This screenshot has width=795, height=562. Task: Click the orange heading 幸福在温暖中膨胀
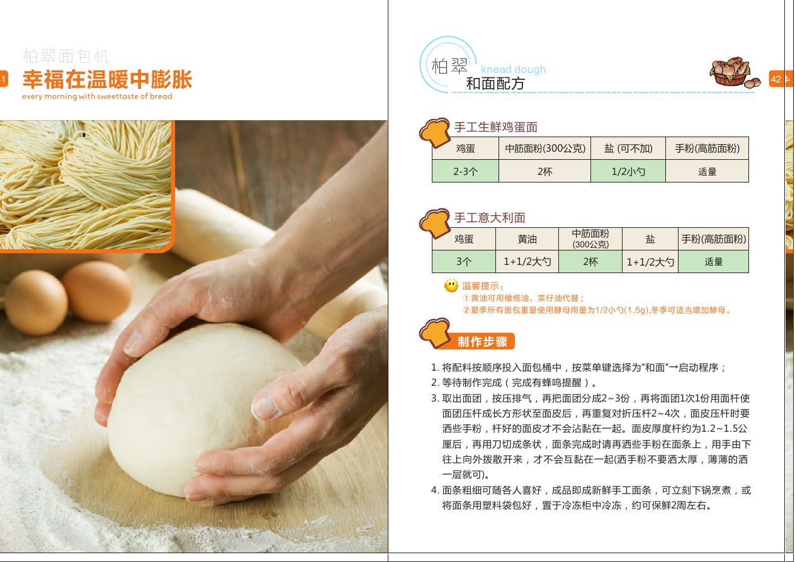[107, 79]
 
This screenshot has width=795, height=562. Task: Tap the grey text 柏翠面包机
[66, 56]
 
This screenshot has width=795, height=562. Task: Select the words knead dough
[513, 69]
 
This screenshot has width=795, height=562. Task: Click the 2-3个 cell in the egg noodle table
[465, 171]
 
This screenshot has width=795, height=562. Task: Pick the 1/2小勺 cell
[628, 171]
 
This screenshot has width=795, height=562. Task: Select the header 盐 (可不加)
[628, 149]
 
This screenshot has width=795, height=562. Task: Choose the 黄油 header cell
[527, 239]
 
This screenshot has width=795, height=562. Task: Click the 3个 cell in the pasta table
[464, 261]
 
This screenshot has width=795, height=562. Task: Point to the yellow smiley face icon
[451, 285]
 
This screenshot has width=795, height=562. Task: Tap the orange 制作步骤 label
[482, 341]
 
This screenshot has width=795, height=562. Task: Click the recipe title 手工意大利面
[490, 218]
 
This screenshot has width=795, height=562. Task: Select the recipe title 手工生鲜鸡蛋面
[496, 126]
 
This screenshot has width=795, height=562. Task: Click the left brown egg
[35, 302]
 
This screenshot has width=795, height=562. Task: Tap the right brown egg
[96, 291]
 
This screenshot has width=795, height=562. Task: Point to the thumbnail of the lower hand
[264, 407]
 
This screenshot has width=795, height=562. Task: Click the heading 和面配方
[495, 84]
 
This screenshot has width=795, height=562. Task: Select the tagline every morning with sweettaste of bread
[97, 96]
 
